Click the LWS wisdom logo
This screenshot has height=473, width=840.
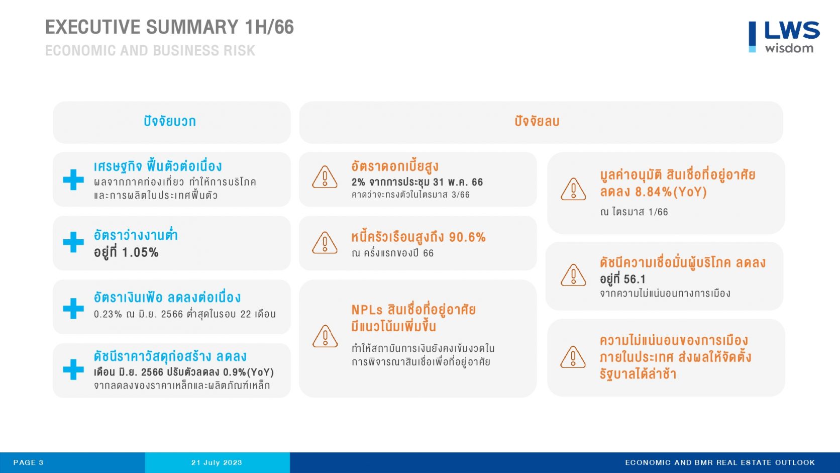pos(784,37)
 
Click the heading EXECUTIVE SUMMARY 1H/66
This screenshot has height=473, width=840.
pos(169,27)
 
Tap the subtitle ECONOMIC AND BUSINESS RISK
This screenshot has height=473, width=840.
pos(150,50)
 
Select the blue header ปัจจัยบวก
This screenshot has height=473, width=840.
pos(170,121)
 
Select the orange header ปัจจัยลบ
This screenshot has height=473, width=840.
pos(537,121)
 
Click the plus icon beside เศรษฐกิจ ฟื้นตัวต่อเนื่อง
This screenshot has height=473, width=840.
pos(73,179)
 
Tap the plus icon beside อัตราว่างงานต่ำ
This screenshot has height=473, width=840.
pos(73,242)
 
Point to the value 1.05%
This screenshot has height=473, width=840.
pos(140,252)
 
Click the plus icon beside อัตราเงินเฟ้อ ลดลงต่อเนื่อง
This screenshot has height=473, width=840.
pos(73,308)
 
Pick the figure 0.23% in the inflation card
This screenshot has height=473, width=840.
pos(108,314)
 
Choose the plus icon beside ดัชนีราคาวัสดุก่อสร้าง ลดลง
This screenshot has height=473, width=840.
pos(73,369)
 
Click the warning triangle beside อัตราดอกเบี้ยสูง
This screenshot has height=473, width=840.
pos(325,177)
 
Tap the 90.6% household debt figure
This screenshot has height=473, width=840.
pos(467,237)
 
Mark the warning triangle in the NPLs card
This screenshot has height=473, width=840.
pos(325,336)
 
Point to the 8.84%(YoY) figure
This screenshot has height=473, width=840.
pos(671,192)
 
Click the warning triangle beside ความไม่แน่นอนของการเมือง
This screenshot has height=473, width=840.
pos(573,357)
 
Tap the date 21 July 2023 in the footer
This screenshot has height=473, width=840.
pos(217,462)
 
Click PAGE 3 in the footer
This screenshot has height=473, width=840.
pos(29,462)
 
